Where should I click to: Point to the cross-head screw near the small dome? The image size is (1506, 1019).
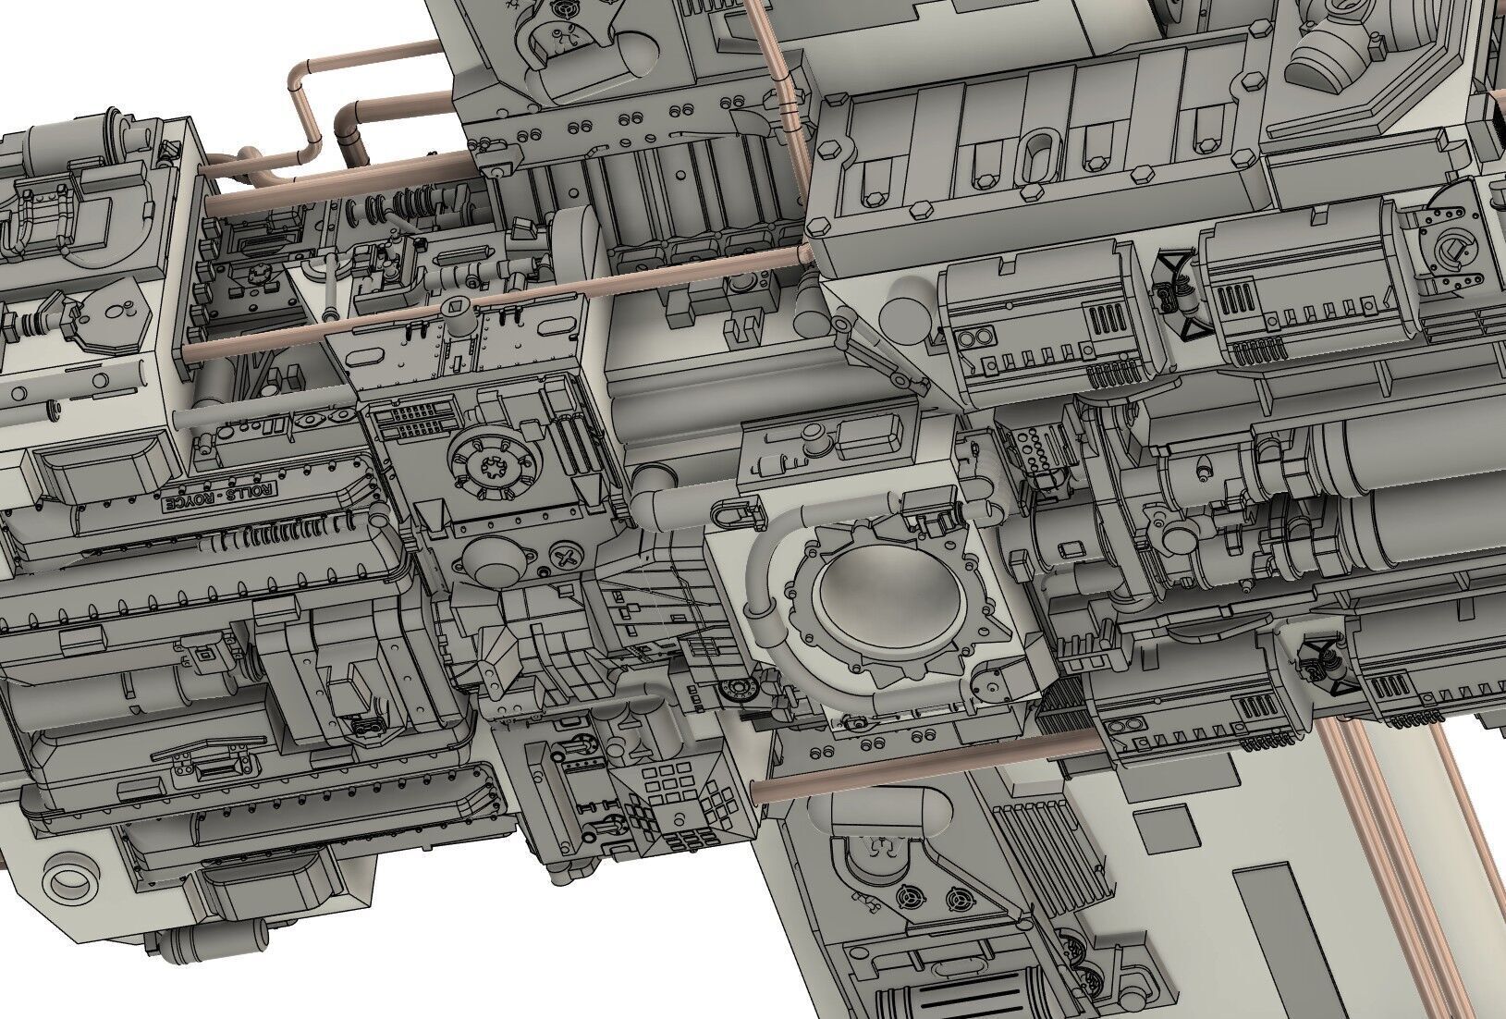pyautogui.click(x=564, y=558)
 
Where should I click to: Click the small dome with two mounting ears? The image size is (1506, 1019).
pyautogui.click(x=493, y=559)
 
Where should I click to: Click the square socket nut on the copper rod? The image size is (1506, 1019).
pyautogui.click(x=458, y=306)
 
